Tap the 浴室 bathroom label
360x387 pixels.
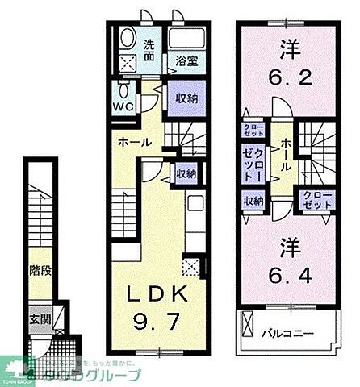181,60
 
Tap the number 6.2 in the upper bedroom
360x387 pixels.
287,81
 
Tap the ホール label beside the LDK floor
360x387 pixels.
134,142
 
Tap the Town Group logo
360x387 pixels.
19,372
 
